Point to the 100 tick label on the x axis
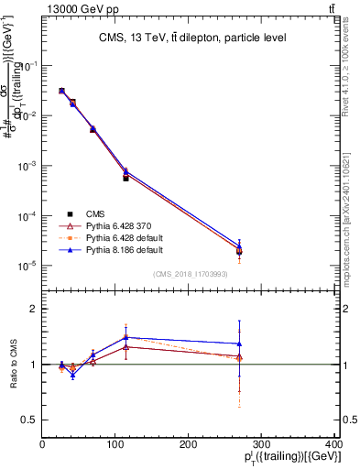point(115,444)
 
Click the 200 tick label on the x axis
point(189,444)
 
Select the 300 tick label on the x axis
point(262,444)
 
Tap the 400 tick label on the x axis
point(333,444)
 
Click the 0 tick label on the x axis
point(42,444)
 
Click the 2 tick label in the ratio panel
point(34,309)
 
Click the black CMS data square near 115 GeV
point(125,178)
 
